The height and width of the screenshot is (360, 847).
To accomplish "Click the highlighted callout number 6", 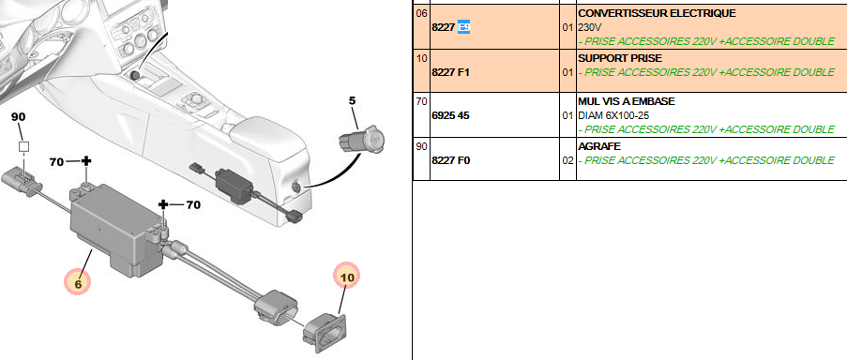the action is click(77, 282).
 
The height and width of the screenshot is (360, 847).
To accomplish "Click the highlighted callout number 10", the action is click(347, 277).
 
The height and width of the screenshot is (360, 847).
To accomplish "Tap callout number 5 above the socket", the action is click(352, 100).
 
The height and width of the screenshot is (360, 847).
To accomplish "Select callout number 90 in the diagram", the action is click(19, 116).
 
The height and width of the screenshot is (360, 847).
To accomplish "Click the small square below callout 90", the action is click(23, 147).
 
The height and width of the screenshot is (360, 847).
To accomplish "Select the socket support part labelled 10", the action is click(325, 330).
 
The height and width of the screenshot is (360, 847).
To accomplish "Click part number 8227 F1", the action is click(450, 72).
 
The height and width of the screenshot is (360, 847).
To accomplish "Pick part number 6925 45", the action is click(450, 115).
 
